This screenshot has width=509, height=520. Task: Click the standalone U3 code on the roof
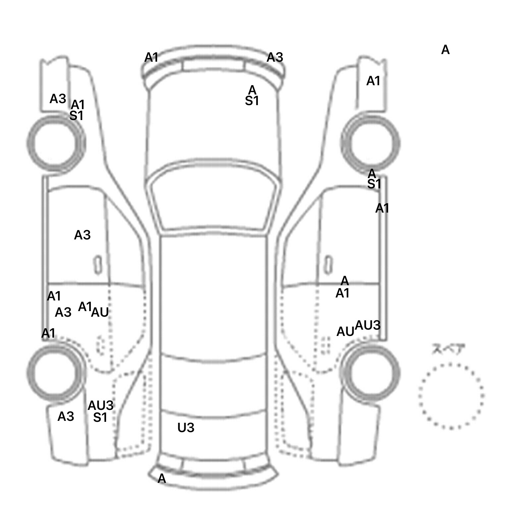186,428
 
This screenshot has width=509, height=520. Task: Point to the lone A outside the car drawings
445,50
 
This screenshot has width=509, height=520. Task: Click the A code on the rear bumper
162,478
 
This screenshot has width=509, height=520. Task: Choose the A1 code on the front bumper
151,58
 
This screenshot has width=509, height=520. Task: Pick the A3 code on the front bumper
275,57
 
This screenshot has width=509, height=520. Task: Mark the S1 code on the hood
252,101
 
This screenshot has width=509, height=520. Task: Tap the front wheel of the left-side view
56,143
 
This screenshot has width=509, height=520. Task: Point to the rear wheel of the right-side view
370,372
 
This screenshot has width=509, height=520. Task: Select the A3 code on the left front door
82,235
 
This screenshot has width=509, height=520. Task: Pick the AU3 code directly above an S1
100,405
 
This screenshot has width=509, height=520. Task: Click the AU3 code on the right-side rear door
368,325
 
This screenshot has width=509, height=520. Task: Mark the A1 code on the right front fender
373,81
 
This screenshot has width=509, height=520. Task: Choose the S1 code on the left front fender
76,116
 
